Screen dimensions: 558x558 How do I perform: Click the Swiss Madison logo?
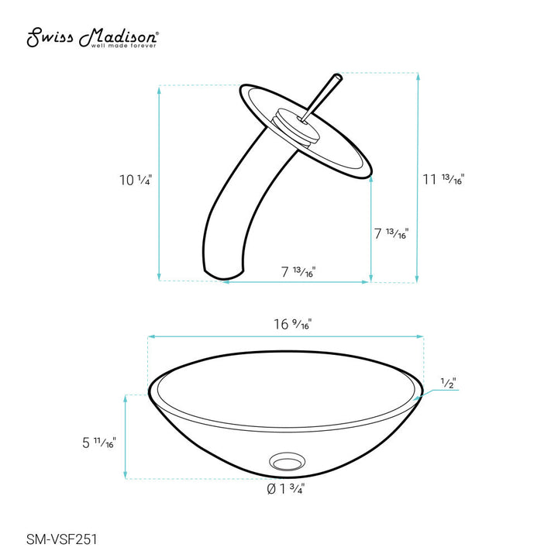coord(93,36)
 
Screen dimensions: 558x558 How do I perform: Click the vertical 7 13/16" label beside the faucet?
coord(391,232)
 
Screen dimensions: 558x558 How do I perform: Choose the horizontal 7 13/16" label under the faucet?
coord(298,272)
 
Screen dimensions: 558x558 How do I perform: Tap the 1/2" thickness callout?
coord(447,384)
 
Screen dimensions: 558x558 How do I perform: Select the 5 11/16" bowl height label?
coord(97,443)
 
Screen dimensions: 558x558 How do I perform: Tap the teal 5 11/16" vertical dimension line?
coord(126,436)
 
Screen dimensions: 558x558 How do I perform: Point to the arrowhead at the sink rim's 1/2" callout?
coord(419,396)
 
